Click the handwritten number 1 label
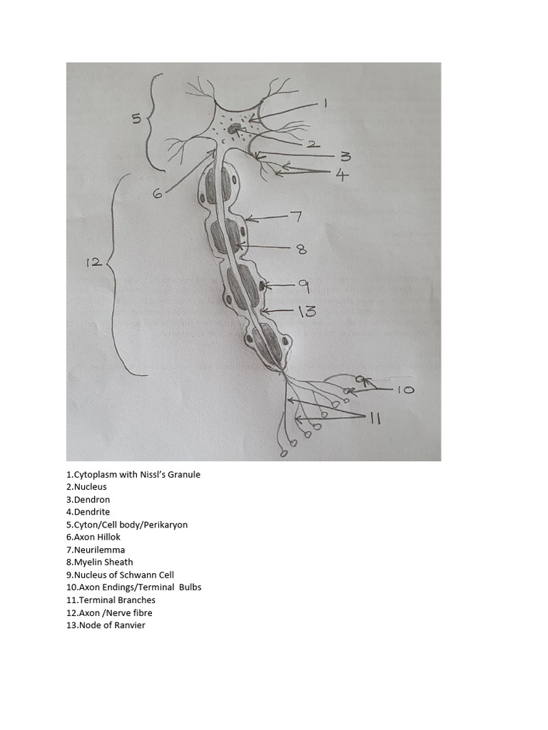pyautogui.click(x=325, y=103)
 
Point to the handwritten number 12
pyautogui.click(x=93, y=262)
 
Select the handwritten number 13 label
pyautogui.click(x=306, y=311)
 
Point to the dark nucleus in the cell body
pyautogui.click(x=234, y=130)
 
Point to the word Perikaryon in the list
pyautogui.click(x=164, y=525)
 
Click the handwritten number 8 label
pyautogui.click(x=301, y=249)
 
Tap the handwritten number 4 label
pyautogui.click(x=343, y=174)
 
